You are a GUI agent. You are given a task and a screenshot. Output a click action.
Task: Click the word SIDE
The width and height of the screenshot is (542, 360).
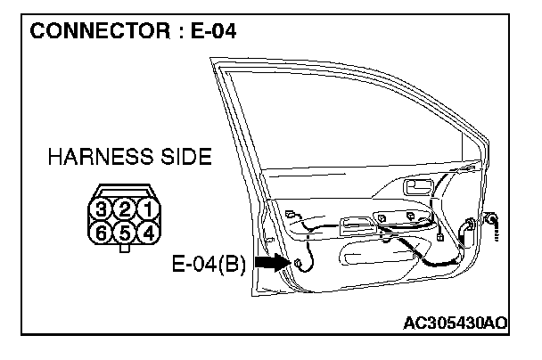183,159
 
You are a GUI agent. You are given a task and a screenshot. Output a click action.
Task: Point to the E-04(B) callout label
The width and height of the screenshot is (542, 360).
209,265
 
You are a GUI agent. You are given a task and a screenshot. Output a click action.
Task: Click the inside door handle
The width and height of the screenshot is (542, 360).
415,188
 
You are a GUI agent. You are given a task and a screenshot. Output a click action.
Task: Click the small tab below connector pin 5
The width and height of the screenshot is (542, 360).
127,250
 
